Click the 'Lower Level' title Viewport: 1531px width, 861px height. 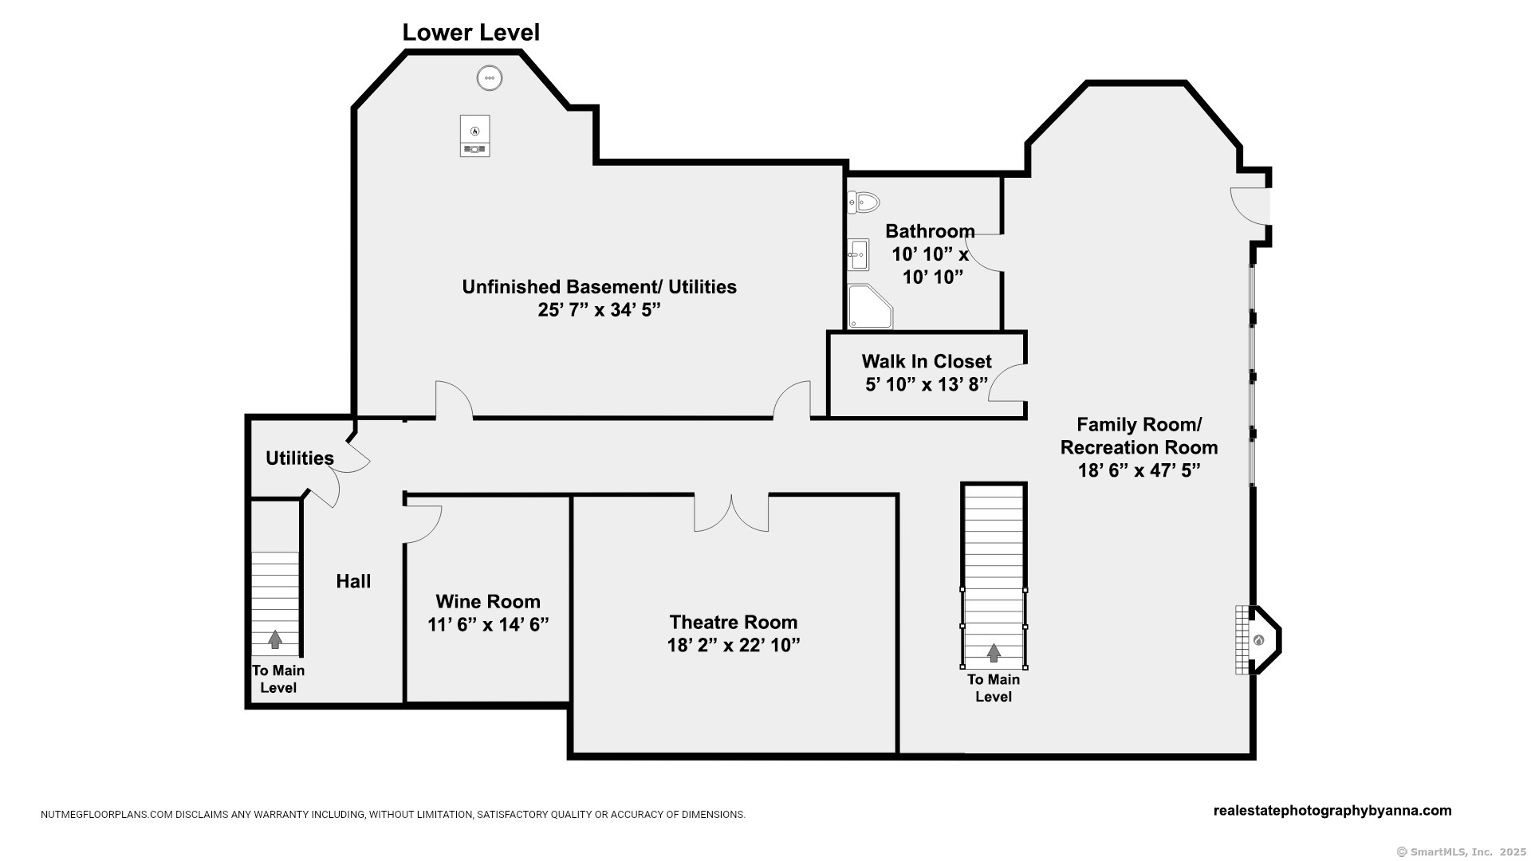470,33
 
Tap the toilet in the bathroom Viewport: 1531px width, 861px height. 863,202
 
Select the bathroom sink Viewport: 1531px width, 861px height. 858,255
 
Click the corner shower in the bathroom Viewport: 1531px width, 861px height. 869,307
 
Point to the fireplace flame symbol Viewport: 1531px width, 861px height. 1258,640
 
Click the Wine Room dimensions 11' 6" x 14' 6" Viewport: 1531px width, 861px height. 488,624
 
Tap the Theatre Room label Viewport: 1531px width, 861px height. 733,622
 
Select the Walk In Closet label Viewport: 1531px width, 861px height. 927,362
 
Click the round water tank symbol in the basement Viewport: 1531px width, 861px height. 490,78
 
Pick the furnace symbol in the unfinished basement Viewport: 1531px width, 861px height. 474,136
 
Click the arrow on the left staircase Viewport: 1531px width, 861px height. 275,639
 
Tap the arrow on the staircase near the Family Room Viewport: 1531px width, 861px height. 994,653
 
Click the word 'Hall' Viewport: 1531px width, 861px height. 353,581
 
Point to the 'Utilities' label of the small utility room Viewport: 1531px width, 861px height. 300,458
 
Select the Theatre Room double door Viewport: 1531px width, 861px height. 731,513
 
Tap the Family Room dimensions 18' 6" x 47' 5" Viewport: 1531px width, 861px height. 1139,470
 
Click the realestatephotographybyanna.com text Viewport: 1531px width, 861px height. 1332,811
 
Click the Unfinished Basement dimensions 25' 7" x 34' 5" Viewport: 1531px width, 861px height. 600,310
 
